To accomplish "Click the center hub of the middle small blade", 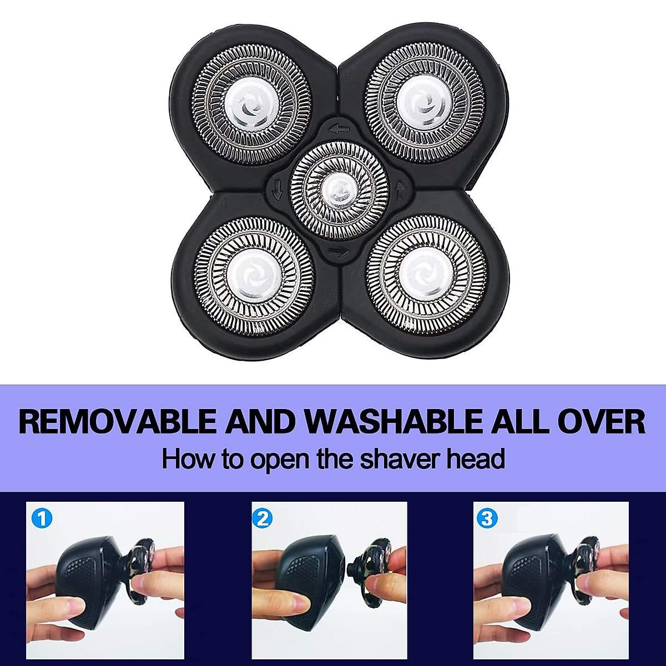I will (338, 190).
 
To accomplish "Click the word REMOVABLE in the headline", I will (117, 422).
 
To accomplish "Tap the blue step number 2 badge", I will (263, 518).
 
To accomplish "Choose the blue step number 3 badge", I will (487, 518).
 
